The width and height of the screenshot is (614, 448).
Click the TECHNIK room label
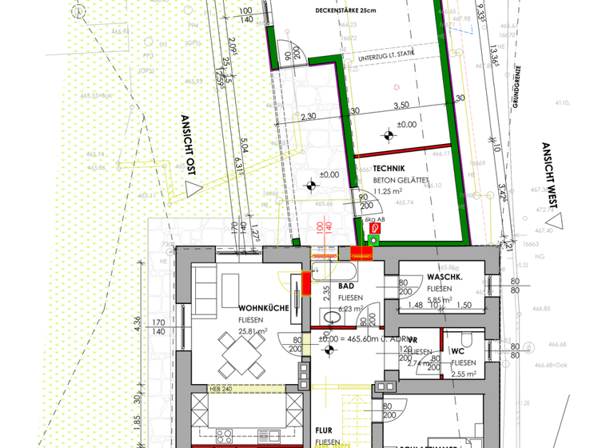click(x=389, y=168)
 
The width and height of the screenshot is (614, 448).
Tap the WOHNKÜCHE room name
click(x=263, y=307)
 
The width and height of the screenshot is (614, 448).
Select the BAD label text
click(x=346, y=286)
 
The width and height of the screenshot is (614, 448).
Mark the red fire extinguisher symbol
click(x=373, y=227)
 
